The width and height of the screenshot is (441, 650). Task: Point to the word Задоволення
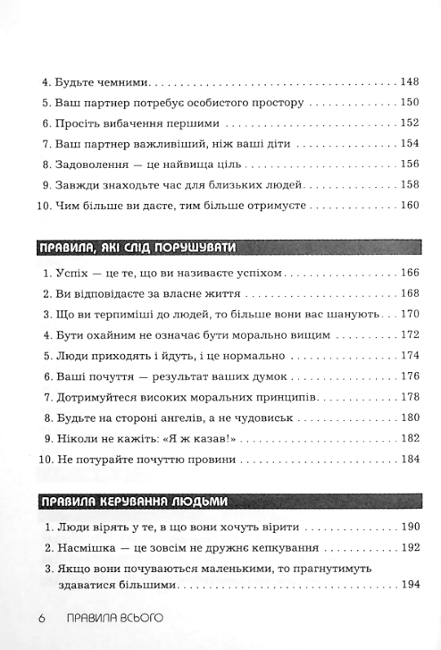point(91,165)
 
